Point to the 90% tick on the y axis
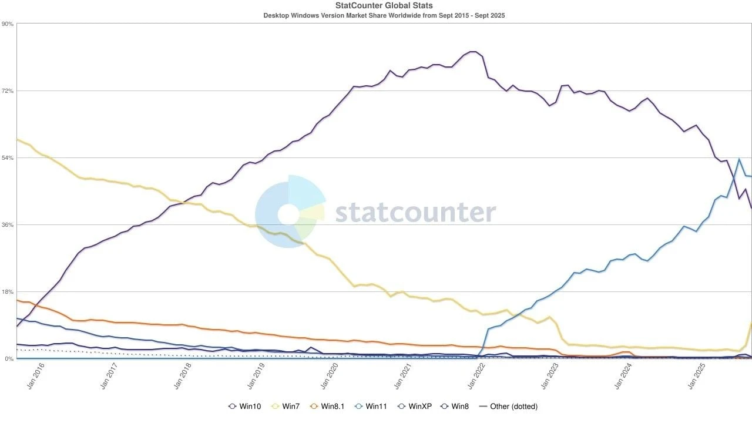click(x=8, y=24)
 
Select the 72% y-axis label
click(x=8, y=91)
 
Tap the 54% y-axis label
click(x=8, y=158)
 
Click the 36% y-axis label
click(x=8, y=225)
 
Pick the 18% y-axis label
click(x=8, y=292)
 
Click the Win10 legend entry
click(x=246, y=407)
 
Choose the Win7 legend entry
click(x=287, y=407)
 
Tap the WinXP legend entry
click(x=415, y=407)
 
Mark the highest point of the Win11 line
click(x=738, y=159)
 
